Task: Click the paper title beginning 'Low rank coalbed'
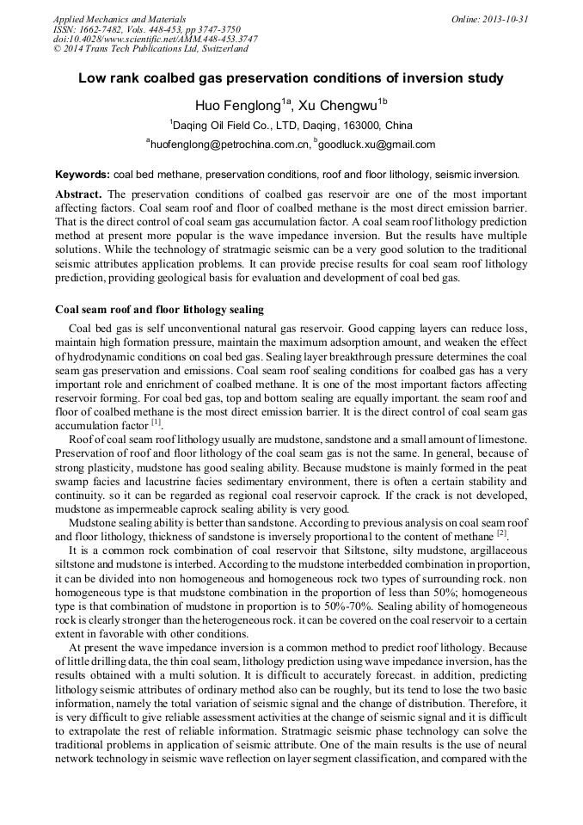click(291, 78)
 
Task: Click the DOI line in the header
click(155, 40)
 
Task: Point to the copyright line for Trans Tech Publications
click(150, 50)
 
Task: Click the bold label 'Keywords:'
click(83, 173)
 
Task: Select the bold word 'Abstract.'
click(79, 194)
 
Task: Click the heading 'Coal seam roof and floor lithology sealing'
click(159, 309)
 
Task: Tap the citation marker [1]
click(156, 423)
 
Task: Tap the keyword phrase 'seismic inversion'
click(482, 173)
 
